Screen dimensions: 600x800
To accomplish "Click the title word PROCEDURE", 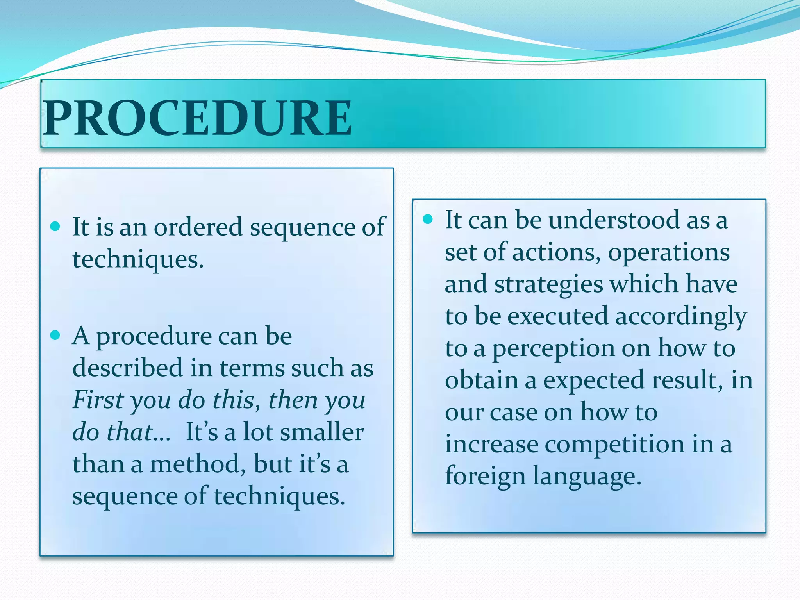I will [198, 118].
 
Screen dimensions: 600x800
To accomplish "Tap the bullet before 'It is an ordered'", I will [55, 226].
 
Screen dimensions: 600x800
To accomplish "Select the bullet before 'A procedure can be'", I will [55, 335].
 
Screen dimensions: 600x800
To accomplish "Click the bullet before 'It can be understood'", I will [428, 219].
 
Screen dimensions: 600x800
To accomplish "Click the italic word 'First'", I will [98, 400].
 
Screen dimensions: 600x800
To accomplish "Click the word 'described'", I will [127, 368].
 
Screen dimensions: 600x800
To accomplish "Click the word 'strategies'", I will [549, 284].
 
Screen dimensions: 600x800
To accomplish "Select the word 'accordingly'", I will [681, 316].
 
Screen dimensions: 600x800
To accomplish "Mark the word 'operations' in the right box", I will [669, 253].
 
